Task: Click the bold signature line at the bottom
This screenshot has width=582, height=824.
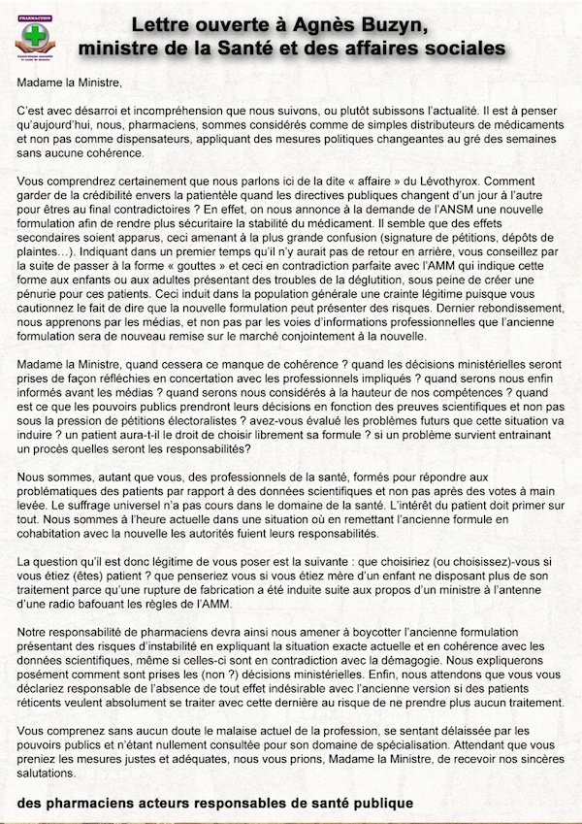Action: click(214, 804)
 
